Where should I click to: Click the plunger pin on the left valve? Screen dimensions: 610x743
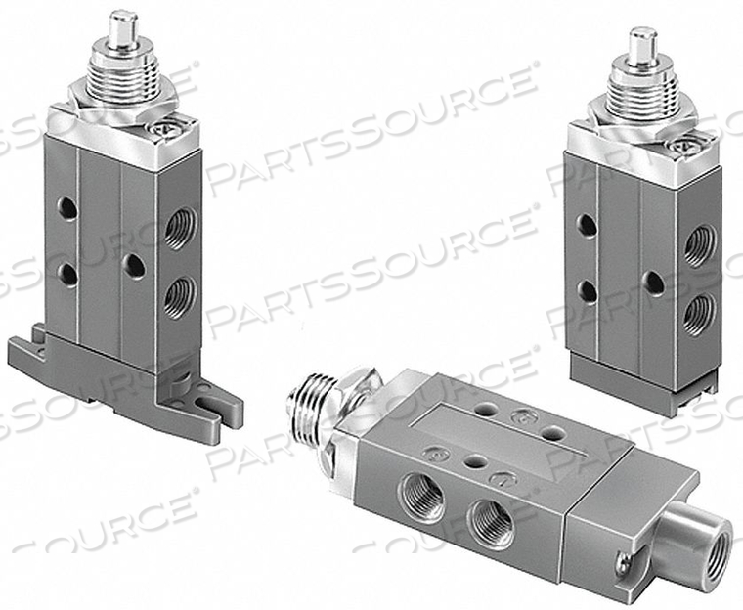click(120, 26)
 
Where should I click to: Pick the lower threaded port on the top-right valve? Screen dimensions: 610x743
click(697, 313)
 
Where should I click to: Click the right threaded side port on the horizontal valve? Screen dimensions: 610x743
click(489, 529)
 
